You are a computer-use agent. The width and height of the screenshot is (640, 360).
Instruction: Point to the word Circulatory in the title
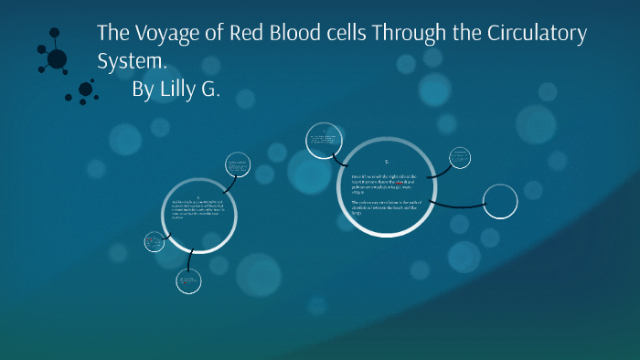pyautogui.click(x=535, y=35)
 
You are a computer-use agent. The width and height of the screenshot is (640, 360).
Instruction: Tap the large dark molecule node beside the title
pyautogui.click(x=57, y=58)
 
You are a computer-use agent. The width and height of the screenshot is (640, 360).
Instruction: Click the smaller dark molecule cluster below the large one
pyautogui.click(x=86, y=89)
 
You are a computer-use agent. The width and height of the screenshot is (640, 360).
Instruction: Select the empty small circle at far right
pyautogui.click(x=500, y=202)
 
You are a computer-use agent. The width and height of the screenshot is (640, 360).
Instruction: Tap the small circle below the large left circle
pyautogui.click(x=188, y=281)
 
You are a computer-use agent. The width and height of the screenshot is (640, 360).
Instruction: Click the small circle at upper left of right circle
pyautogui.click(x=323, y=140)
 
